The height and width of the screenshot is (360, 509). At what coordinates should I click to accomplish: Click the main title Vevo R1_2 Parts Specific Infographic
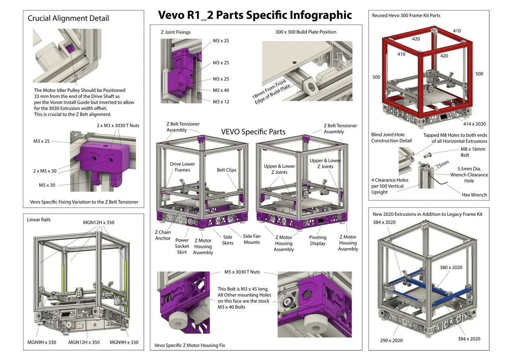(x=255, y=15)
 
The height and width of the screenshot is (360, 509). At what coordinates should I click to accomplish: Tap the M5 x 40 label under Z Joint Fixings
(x=221, y=90)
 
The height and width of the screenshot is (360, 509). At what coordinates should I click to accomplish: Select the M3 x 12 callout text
(x=221, y=102)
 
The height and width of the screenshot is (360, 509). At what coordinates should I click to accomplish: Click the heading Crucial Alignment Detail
(x=68, y=18)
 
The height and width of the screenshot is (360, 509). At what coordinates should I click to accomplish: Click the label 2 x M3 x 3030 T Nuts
(x=117, y=126)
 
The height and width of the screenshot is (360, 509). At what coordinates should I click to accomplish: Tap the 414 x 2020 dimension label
(x=472, y=124)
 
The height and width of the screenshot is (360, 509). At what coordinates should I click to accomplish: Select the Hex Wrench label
(x=474, y=195)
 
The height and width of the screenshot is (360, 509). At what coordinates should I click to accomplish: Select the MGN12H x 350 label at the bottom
(x=84, y=342)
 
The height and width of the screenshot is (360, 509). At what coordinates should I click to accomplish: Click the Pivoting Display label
(x=318, y=240)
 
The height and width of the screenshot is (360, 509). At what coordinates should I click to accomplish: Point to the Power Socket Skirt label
(x=182, y=246)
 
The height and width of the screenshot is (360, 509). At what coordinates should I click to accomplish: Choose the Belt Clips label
(x=227, y=170)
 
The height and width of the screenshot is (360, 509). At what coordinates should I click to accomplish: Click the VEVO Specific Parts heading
(x=253, y=132)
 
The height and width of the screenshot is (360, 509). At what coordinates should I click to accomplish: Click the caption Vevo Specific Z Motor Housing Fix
(x=190, y=345)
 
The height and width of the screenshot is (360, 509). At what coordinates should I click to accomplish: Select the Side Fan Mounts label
(x=252, y=239)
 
